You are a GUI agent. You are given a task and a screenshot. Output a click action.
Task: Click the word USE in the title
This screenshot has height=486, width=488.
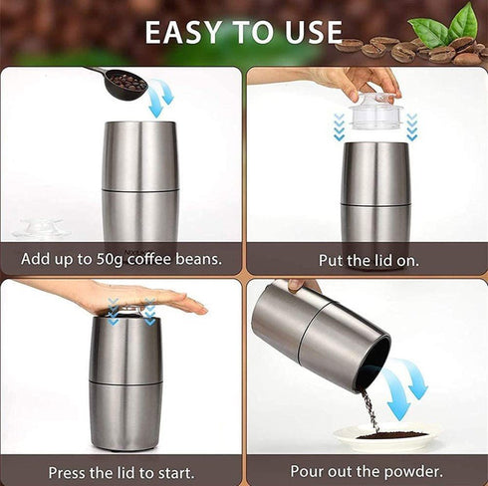(x=309, y=32)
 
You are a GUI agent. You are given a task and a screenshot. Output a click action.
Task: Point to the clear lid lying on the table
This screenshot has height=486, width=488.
(x=41, y=228)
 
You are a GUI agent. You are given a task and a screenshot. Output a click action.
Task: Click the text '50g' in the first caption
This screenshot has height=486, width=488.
(x=107, y=260)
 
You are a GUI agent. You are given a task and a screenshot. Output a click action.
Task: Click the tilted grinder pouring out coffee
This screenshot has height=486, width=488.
(x=319, y=334)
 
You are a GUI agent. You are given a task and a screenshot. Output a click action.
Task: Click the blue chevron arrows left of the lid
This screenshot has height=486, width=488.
(x=339, y=126)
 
